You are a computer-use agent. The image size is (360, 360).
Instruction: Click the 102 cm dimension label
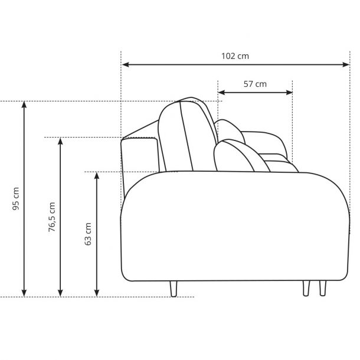235,56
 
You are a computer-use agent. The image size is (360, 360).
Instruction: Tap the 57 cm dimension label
255,84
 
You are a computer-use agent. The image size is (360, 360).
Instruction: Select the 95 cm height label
16,199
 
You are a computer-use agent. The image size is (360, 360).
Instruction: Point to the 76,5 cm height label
52,217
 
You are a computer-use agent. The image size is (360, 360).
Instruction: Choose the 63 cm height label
88,234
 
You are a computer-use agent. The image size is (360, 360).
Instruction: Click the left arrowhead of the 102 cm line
125,64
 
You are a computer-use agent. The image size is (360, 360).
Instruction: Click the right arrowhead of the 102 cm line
346,64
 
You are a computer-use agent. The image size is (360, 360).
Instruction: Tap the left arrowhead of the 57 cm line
221,93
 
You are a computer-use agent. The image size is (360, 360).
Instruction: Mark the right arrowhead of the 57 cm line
289,93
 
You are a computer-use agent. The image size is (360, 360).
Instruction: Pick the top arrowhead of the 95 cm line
24,104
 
